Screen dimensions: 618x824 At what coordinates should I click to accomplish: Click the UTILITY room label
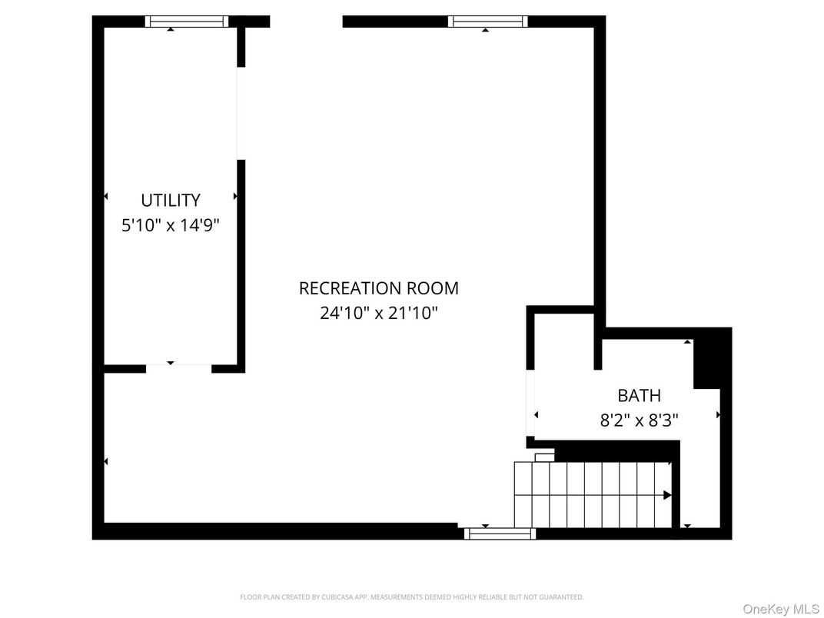click(171, 201)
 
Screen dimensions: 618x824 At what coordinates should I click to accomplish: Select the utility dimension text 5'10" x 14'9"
click(171, 226)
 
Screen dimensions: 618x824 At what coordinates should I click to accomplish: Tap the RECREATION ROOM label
click(378, 288)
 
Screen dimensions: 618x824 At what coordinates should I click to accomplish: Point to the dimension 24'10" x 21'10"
click(378, 314)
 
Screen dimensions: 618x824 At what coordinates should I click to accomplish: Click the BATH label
click(639, 396)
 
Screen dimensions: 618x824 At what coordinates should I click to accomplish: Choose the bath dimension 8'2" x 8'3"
click(639, 421)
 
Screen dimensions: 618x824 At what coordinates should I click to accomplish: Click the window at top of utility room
click(187, 22)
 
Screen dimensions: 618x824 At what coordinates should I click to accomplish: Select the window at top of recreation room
click(488, 22)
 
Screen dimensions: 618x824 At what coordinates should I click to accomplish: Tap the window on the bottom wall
click(500, 533)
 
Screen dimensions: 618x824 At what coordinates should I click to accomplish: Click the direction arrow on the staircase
click(667, 496)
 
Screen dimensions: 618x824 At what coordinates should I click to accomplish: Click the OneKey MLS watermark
click(780, 609)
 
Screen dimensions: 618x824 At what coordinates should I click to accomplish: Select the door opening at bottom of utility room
click(178, 369)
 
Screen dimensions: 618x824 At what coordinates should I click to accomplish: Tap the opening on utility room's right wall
click(241, 114)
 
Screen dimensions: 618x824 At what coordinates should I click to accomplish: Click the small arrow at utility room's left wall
click(106, 197)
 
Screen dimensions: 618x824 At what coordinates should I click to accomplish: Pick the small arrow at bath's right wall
click(718, 415)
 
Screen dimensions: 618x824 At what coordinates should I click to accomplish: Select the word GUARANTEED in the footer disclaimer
click(566, 597)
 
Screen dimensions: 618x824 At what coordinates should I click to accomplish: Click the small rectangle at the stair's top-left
click(544, 457)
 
